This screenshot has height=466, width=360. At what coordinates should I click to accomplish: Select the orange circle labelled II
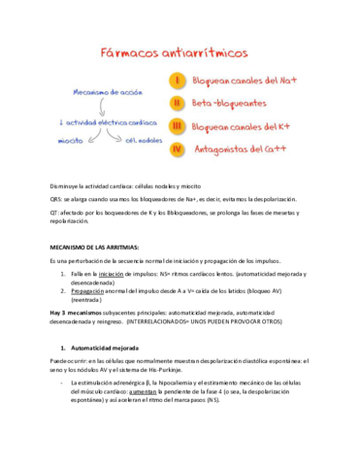tap(178, 100)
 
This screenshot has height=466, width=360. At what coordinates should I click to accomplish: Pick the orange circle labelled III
tap(178, 125)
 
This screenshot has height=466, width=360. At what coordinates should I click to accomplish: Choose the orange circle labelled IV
tap(178, 150)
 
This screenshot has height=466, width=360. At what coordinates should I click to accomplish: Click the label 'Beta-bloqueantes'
tap(229, 101)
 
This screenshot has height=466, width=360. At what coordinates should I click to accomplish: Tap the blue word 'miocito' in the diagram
tap(70, 141)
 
